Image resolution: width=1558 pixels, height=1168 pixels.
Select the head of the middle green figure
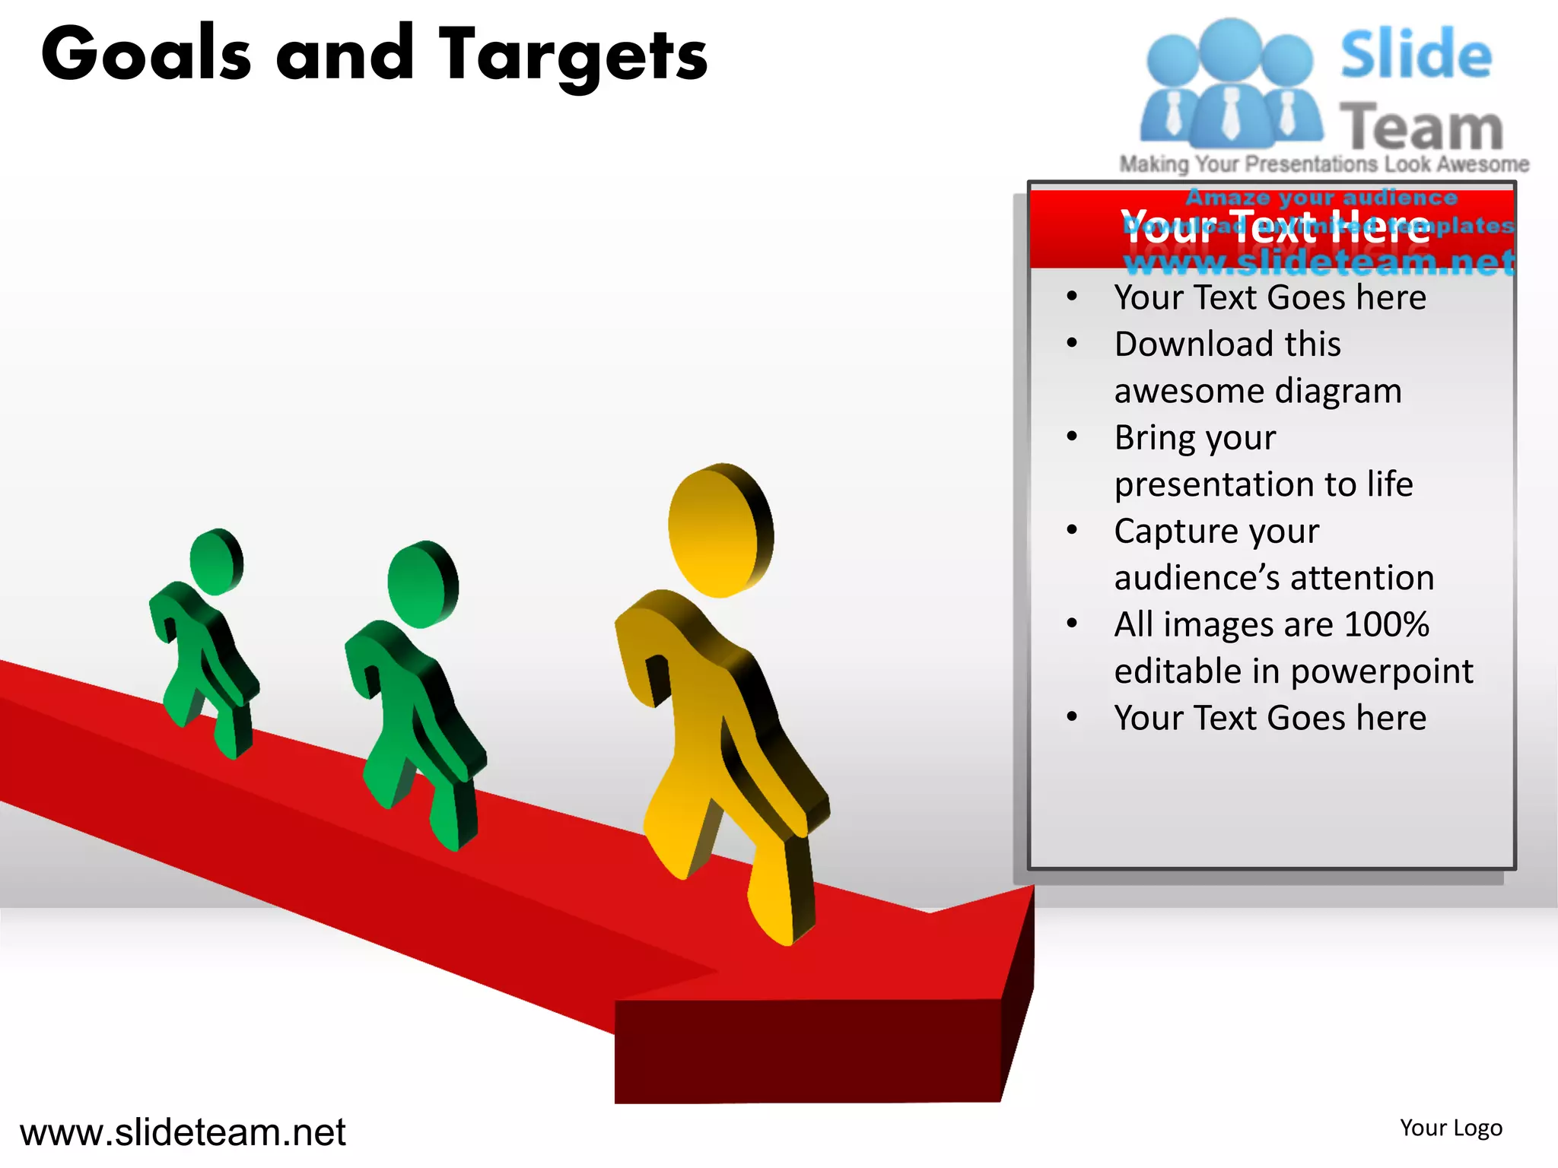click(x=422, y=584)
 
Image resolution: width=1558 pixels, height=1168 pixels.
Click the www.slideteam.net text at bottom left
click(x=183, y=1132)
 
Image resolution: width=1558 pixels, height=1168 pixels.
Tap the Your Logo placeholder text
click(x=1451, y=1128)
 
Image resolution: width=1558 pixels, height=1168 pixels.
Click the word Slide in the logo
click(x=1415, y=55)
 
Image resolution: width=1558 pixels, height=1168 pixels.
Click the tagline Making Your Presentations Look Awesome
click(x=1324, y=164)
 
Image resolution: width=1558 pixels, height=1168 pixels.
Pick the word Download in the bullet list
click(x=1194, y=344)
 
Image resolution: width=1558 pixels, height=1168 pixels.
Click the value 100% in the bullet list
click(x=1386, y=625)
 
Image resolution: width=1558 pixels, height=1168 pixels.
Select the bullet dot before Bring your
click(x=1072, y=437)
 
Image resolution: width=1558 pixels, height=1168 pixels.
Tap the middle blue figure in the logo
click(x=1230, y=84)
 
